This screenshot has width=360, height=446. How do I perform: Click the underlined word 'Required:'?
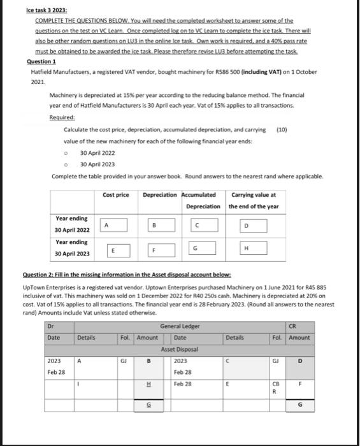coord(62,118)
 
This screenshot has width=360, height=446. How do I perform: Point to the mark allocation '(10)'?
coord(282,129)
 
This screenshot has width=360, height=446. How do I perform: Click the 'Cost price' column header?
coord(115,195)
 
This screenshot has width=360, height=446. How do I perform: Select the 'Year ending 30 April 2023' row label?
coord(71,248)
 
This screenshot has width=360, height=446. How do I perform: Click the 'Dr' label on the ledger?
coord(50,326)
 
